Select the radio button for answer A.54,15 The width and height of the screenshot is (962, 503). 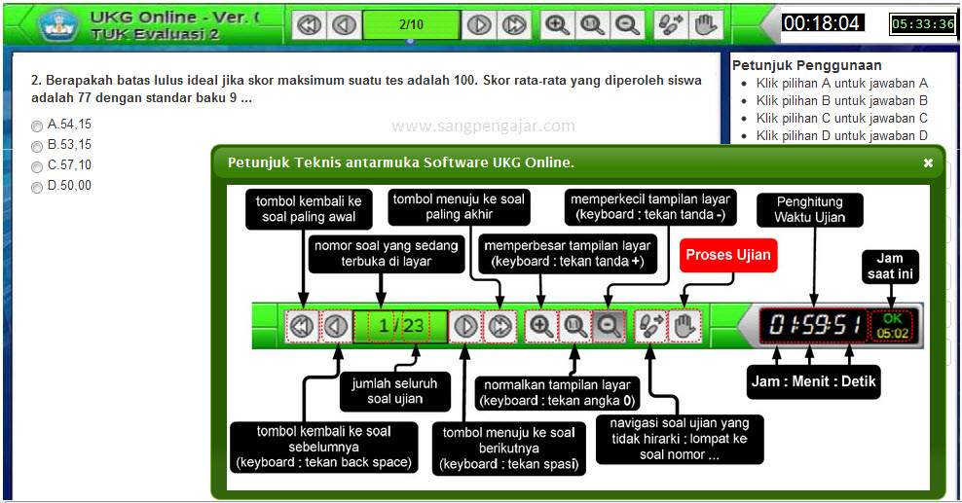click(37, 126)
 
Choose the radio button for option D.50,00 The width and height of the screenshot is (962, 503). click(37, 187)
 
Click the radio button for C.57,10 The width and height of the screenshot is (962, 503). click(37, 166)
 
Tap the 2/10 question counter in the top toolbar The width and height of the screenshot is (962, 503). click(410, 24)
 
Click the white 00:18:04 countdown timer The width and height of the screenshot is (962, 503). click(822, 23)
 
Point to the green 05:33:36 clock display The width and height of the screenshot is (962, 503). click(923, 24)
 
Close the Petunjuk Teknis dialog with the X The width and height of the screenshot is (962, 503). click(928, 163)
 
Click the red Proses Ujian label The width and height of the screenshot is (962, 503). click(728, 256)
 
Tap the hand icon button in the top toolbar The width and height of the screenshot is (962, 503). click(704, 24)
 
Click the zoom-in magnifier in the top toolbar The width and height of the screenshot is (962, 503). click(557, 24)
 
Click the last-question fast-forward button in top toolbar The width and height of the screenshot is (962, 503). click(513, 24)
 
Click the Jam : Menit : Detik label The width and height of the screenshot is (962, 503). click(814, 381)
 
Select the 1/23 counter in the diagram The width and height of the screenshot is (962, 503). click(400, 325)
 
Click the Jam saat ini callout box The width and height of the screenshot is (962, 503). click(890, 267)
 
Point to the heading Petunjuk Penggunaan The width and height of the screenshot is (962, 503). click(806, 65)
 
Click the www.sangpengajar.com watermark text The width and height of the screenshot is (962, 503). click(483, 126)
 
